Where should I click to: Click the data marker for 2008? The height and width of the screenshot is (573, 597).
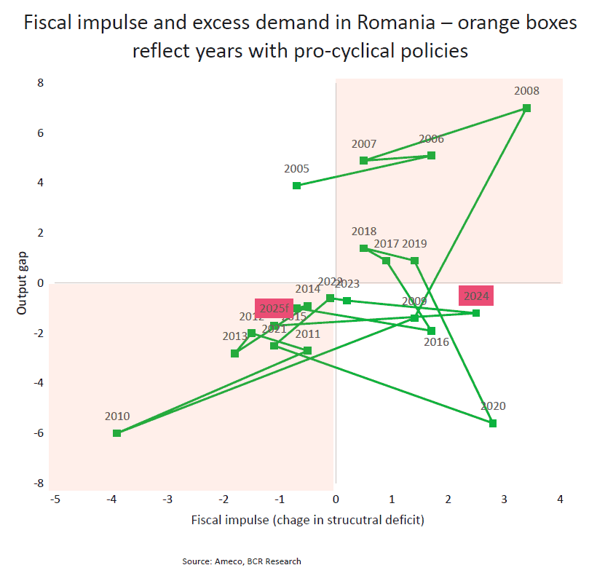pos(526,108)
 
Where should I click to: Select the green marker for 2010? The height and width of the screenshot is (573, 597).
pos(116,432)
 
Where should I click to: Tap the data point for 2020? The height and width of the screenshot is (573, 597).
pos(493,423)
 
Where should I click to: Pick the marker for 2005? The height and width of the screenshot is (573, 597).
pos(296,186)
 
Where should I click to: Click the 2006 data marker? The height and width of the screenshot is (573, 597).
pos(431,155)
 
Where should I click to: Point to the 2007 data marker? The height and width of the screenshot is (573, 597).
pos(363,160)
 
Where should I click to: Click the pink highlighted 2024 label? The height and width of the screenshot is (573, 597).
pos(476,296)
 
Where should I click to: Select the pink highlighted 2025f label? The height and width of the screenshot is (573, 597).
pos(274,309)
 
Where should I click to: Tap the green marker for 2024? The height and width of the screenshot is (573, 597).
pos(476,313)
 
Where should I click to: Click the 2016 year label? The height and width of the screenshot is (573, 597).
pos(437,342)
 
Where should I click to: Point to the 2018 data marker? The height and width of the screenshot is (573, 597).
pos(363,248)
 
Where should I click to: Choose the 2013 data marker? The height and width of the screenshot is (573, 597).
pos(234,353)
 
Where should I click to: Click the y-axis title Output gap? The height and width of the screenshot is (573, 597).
pos(22,282)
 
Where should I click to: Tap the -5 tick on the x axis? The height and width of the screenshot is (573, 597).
pos(55,499)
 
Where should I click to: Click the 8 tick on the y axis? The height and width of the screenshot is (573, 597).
pos(41,83)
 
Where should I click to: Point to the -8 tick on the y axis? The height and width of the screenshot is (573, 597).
pos(39,483)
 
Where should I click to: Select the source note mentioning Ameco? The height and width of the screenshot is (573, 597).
pos(241,561)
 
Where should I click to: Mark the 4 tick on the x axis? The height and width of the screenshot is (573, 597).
pos(560,499)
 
